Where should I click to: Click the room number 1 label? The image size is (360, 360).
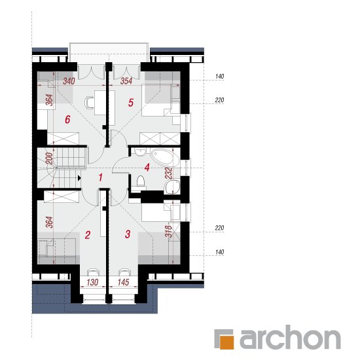tap(100, 177)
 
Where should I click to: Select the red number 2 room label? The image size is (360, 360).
tap(88, 235)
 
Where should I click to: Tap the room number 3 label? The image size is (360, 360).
tap(128, 234)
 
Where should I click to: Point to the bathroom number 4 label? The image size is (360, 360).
tap(147, 168)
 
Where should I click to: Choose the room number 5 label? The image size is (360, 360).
tap(131, 103)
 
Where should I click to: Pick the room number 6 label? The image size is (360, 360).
tap(67, 119)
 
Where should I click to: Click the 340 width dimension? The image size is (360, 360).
tap(69, 81)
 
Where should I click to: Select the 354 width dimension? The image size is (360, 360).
tap(126, 81)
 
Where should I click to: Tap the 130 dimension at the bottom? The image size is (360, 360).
tap(92, 282)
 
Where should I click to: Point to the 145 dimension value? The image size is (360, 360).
tap(123, 282)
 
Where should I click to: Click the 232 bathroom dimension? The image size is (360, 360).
tap(168, 173)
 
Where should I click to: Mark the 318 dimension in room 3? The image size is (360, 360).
tap(168, 232)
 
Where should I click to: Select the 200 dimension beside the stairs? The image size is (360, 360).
tap(49, 158)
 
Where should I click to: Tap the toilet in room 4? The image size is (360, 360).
tap(141, 181)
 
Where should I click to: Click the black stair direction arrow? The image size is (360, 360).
tap(79, 178)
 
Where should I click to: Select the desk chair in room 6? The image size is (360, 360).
tap(89, 102)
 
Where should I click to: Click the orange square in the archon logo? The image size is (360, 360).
tap(227, 342)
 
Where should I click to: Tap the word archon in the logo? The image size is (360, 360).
tap(290, 337)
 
